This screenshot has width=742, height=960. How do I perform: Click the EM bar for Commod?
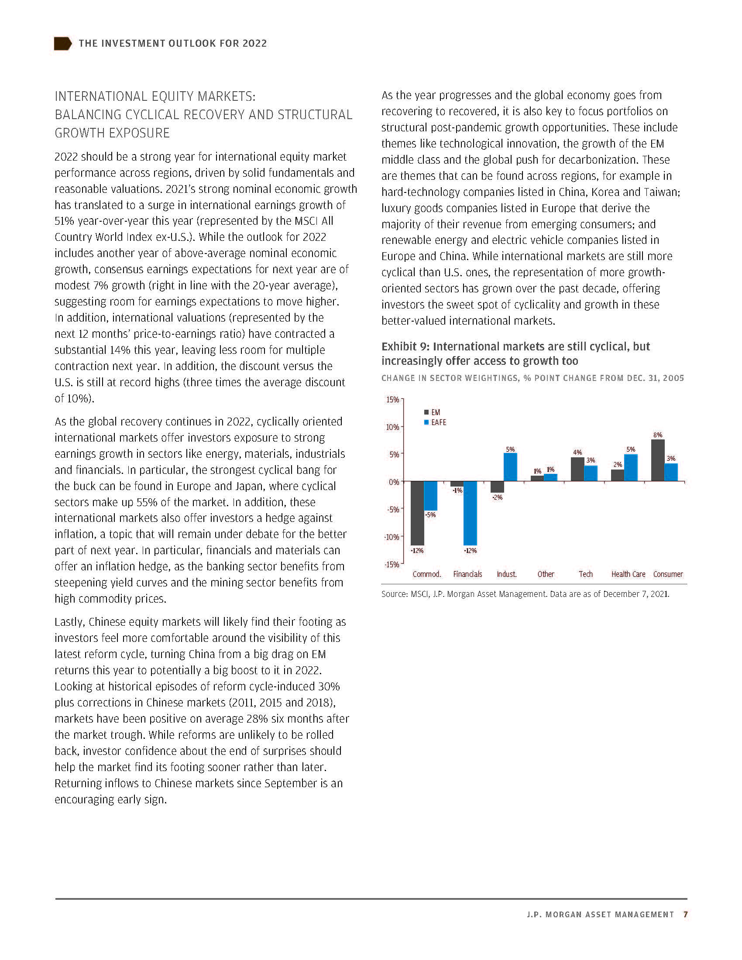click(417, 513)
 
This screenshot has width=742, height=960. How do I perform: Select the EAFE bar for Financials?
click(470, 513)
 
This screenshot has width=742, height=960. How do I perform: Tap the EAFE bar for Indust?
click(510, 467)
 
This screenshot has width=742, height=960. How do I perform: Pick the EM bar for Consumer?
click(658, 460)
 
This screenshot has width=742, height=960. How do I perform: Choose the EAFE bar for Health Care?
click(631, 468)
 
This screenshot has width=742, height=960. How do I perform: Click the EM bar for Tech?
click(577, 469)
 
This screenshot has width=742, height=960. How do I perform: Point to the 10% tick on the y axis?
click(393, 427)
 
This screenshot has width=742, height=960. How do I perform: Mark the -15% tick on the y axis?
click(392, 564)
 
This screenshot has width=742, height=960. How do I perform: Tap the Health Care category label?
click(628, 574)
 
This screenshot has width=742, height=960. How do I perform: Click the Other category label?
click(546, 574)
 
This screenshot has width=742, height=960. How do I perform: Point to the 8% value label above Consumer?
click(658, 435)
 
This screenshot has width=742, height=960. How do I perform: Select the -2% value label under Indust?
click(497, 497)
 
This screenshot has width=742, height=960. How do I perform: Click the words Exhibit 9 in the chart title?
click(405, 346)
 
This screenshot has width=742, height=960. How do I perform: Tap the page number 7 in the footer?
click(685, 914)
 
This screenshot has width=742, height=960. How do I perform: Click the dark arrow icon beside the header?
click(62, 44)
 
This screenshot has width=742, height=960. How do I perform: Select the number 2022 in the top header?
click(254, 44)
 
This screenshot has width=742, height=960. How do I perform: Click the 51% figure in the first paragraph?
click(63, 221)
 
